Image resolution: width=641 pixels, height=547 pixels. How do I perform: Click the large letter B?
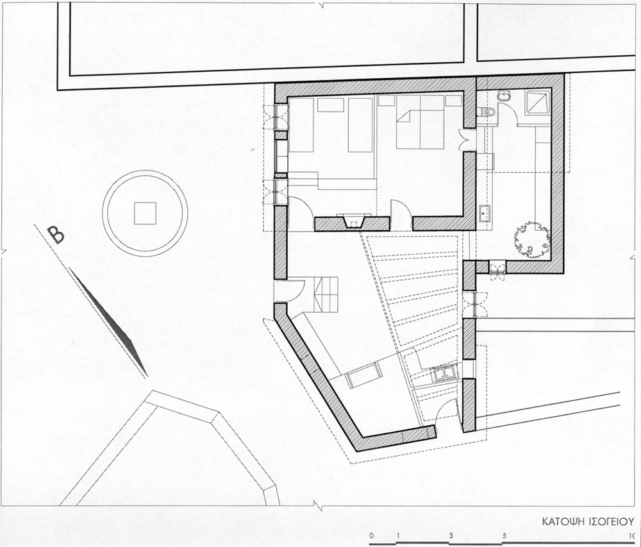(56, 235)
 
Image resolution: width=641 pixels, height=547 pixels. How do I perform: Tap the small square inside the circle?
(145, 213)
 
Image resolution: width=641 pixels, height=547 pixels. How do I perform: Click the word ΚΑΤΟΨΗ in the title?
(558, 522)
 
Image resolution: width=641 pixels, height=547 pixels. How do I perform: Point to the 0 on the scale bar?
(371, 536)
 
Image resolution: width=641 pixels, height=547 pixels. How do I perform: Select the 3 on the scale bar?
(451, 536)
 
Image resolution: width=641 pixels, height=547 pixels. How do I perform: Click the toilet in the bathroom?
(487, 112)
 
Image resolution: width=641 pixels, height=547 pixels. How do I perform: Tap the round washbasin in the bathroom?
(503, 96)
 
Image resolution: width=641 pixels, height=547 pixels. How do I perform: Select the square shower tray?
(538, 102)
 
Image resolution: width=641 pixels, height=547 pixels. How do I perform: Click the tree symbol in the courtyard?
(531, 240)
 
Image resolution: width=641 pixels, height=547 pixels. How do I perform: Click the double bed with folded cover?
(420, 122)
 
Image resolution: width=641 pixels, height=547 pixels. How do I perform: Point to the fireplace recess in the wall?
(354, 222)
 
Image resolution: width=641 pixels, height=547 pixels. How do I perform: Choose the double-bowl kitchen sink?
(444, 374)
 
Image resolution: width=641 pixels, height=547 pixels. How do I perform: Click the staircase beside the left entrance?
(327, 294)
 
